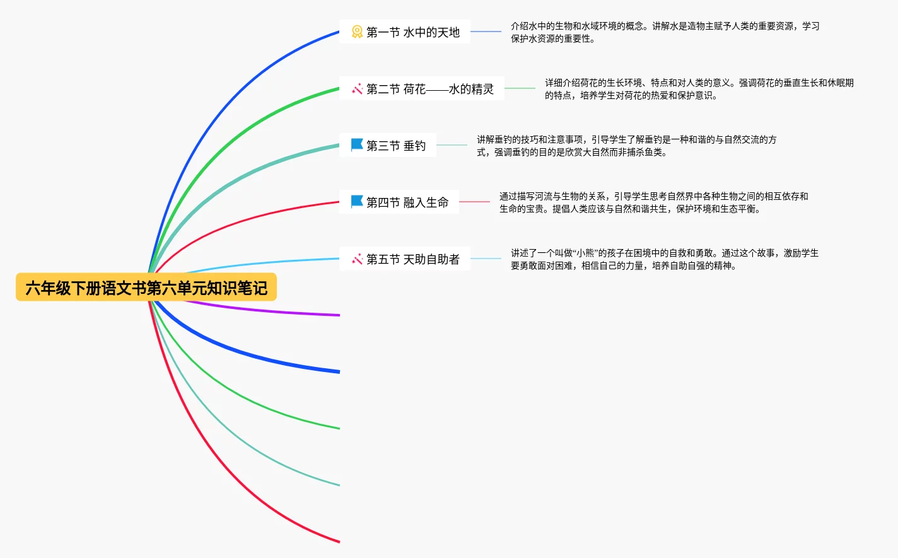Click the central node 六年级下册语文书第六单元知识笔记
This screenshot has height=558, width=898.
click(146, 288)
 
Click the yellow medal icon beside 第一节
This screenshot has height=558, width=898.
click(357, 32)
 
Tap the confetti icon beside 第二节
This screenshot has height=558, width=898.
click(357, 89)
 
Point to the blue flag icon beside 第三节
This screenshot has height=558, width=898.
click(357, 145)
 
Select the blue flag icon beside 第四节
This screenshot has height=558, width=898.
click(357, 202)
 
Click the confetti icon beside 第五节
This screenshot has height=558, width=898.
click(357, 259)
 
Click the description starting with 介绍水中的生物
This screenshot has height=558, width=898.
click(665, 32)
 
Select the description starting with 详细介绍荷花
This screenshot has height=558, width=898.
click(699, 89)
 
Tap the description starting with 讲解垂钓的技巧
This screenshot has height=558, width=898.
click(626, 146)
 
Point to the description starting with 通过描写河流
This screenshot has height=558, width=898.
click(653, 202)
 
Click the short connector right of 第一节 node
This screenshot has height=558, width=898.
click(486, 32)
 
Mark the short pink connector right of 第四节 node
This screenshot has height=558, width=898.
click(474, 202)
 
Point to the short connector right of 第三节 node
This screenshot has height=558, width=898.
click(452, 145)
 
